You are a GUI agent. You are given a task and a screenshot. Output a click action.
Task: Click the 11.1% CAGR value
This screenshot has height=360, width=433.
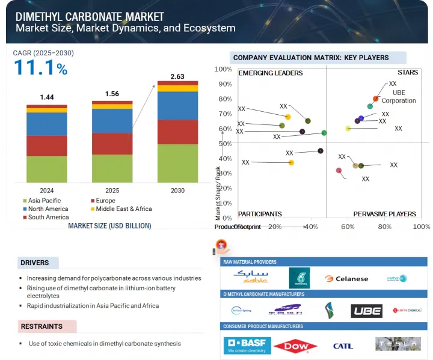point(40,68)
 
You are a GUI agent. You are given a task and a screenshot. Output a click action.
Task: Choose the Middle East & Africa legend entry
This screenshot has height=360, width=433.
point(124,209)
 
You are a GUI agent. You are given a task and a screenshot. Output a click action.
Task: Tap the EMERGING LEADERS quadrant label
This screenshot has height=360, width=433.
point(270,73)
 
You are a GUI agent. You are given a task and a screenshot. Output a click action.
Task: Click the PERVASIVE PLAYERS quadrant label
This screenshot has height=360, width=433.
point(384,214)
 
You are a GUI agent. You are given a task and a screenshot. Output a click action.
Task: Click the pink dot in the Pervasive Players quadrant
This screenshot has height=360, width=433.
point(339,171)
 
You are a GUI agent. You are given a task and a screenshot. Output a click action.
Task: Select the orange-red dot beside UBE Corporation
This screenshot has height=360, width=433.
point(376,99)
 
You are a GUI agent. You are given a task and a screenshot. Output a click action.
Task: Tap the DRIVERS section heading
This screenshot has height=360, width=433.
point(34,263)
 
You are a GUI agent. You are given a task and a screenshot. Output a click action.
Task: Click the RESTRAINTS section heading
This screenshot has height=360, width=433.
point(41,326)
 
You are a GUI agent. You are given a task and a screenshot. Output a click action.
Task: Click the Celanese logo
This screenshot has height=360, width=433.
point(346,278)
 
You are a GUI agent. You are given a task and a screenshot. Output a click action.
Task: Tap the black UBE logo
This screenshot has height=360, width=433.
point(366,311)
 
